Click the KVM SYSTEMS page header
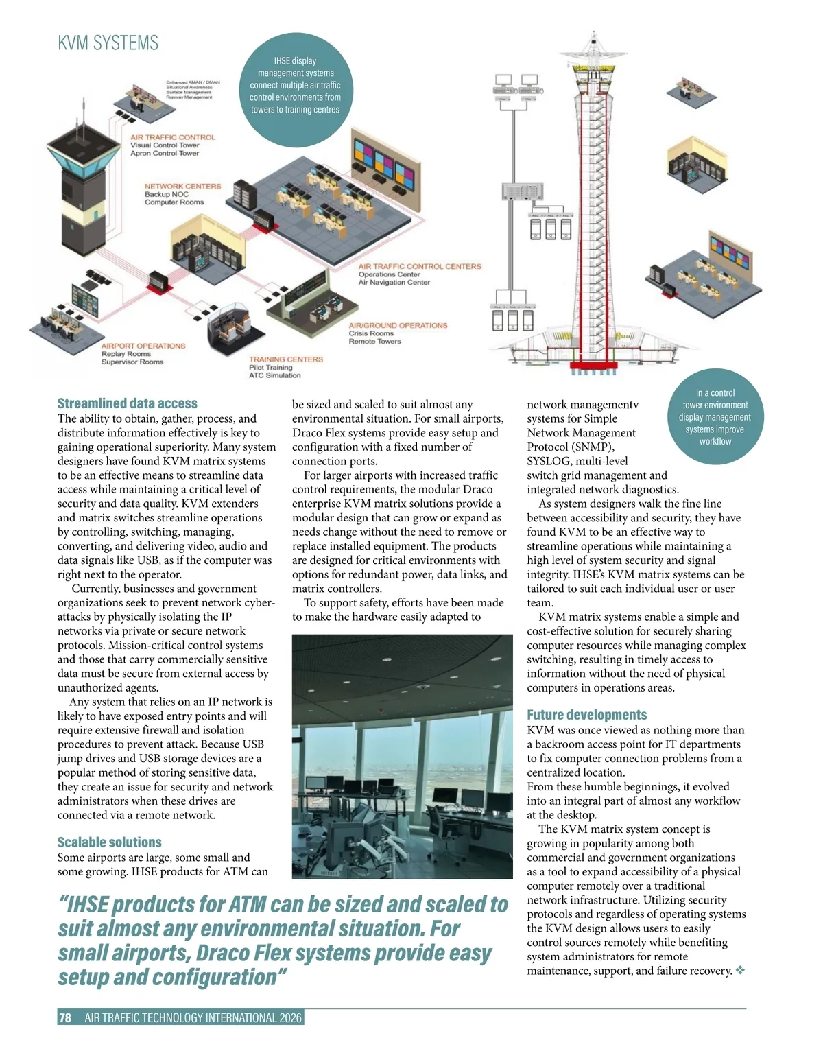[108, 43]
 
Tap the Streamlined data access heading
[127, 403]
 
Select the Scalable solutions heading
[109, 842]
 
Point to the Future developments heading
[586, 715]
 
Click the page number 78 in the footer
[65, 1018]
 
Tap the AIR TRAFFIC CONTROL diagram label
[172, 137]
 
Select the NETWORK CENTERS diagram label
[182, 186]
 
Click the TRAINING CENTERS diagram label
[285, 359]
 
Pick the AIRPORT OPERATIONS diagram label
[143, 346]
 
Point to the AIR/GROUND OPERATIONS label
[398, 325]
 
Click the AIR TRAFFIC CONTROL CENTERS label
[420, 266]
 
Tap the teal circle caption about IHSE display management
[295, 85]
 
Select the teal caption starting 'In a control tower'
[715, 416]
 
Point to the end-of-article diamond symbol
[740, 971]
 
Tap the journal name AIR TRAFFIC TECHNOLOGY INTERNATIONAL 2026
[193, 1018]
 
